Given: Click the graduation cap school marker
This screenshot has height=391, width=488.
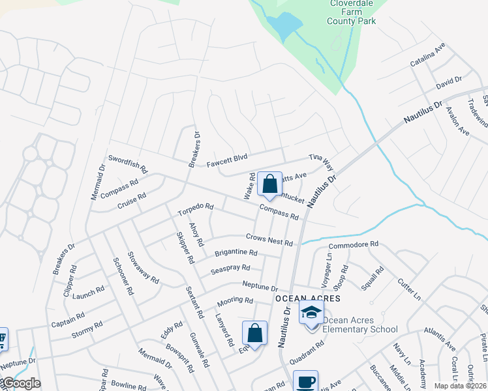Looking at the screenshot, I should [311, 313].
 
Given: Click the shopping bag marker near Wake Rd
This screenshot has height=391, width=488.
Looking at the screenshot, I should [269, 186].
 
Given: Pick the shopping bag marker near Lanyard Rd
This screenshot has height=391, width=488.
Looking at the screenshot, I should [254, 334].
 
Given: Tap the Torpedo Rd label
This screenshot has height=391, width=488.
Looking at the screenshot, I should [195, 210].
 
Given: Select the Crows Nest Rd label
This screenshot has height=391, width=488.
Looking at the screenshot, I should [269, 239].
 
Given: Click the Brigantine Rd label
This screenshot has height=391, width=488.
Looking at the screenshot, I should [236, 253].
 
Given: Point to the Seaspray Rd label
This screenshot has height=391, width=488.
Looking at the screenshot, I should [230, 268].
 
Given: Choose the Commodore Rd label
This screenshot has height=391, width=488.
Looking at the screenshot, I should [354, 244].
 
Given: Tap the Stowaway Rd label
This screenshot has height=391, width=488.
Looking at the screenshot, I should [144, 267].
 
